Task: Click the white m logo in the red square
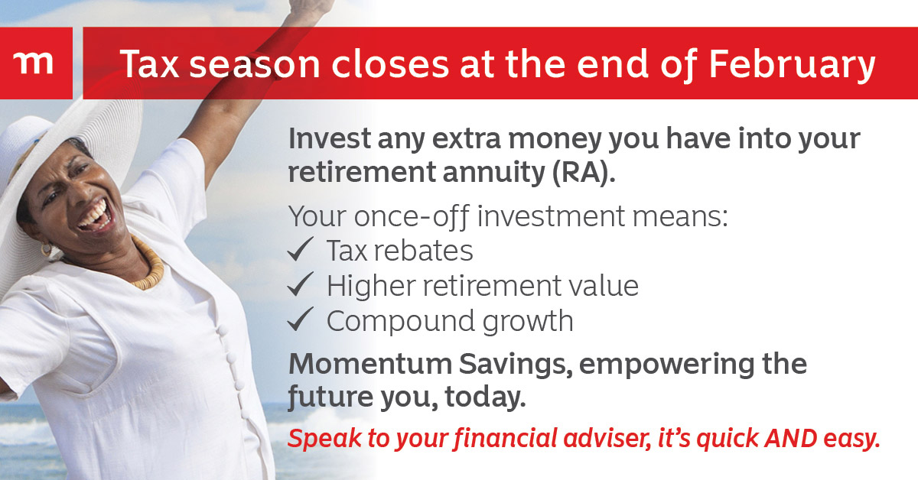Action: [x=33, y=63]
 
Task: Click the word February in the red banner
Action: [x=792, y=64]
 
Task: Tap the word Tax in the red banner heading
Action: [x=149, y=63]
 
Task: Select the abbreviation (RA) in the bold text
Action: [x=584, y=173]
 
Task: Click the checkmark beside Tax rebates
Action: [x=301, y=249]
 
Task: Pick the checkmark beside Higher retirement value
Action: [x=301, y=284]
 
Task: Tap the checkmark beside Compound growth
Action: [x=301, y=319]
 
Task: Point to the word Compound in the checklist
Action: [x=401, y=322]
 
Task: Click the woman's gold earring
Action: [x=46, y=249]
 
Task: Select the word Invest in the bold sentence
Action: [x=330, y=138]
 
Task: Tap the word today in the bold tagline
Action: [x=485, y=397]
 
